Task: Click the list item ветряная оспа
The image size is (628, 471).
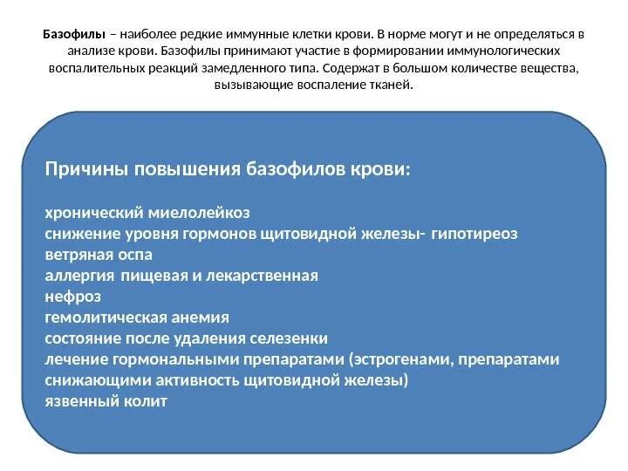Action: pos(98,255)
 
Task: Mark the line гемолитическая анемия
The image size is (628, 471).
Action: pos(137,317)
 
